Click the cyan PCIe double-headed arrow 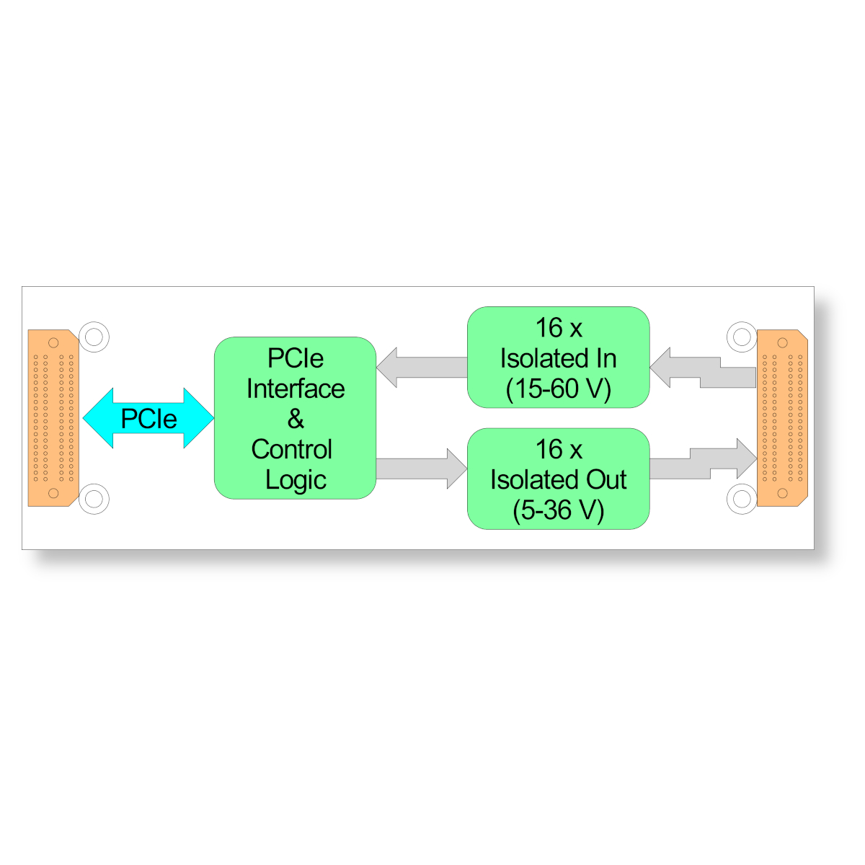[x=148, y=418]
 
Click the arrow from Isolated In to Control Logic [x=422, y=367]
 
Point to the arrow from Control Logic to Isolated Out [x=422, y=469]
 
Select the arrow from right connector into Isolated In [x=703, y=369]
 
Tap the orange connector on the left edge [x=53, y=418]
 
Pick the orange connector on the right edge [x=781, y=418]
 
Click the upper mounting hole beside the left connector [x=94, y=337]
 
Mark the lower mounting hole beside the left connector [x=94, y=499]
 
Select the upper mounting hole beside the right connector [x=742, y=337]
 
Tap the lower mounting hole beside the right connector [x=742, y=499]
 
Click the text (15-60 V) [x=559, y=389]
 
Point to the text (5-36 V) [x=559, y=510]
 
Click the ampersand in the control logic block [x=296, y=419]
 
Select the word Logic [x=296, y=480]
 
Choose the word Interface [x=296, y=389]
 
